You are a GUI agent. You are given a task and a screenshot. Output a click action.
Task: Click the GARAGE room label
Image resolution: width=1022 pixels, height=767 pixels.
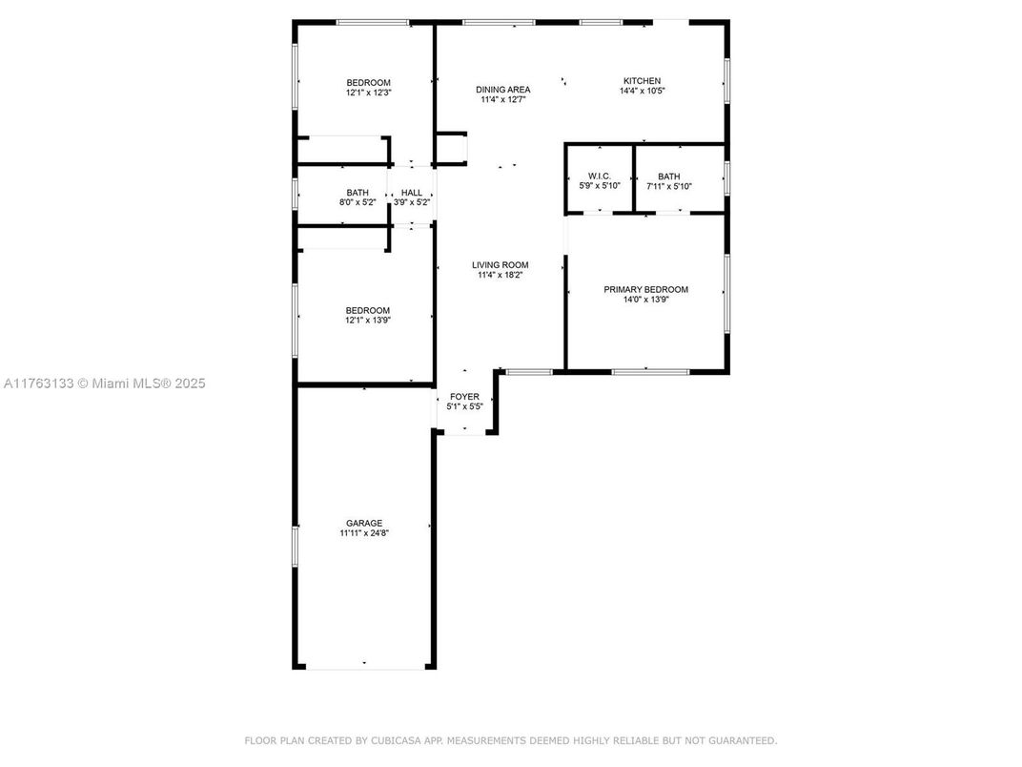[364, 523]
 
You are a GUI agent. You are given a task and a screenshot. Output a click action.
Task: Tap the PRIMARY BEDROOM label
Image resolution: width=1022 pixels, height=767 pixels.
[646, 290]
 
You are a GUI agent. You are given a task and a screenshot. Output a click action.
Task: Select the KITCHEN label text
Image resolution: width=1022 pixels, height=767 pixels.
[642, 81]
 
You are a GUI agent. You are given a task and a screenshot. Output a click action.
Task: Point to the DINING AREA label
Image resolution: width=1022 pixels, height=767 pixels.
[502, 90]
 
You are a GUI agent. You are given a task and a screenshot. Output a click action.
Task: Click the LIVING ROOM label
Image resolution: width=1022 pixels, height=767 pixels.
[500, 265]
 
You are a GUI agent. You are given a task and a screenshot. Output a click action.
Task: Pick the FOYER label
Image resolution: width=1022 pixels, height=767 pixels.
[464, 397]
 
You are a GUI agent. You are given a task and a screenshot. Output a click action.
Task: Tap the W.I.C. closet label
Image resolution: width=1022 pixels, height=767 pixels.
[600, 176]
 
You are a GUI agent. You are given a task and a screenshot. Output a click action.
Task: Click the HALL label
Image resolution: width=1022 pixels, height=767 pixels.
[412, 193]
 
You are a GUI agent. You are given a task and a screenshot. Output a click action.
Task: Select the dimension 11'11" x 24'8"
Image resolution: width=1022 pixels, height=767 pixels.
[364, 533]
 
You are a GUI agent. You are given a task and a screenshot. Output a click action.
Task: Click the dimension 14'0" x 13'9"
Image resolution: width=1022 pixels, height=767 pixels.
[646, 300]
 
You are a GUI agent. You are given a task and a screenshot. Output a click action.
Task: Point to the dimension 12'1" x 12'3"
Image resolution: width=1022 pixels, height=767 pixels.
[368, 93]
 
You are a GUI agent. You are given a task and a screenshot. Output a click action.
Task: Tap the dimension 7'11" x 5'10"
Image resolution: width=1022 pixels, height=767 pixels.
[668, 186]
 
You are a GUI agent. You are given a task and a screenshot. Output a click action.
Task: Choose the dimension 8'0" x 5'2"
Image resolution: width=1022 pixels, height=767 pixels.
[358, 202]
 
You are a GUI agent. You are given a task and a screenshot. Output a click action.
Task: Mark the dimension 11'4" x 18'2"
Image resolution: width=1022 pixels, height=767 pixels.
[500, 275]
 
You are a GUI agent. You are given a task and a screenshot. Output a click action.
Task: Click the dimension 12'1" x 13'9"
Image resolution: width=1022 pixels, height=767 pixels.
[368, 321]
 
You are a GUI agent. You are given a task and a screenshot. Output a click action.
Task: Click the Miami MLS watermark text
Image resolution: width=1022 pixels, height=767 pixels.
[104, 383]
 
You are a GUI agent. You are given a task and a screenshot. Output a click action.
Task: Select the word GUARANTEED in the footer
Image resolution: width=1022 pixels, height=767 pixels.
[743, 740]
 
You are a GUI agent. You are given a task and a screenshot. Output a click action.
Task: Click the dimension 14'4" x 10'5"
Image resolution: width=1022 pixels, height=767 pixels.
[642, 91]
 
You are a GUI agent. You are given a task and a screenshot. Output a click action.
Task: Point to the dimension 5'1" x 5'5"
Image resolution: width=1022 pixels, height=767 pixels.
[464, 406]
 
